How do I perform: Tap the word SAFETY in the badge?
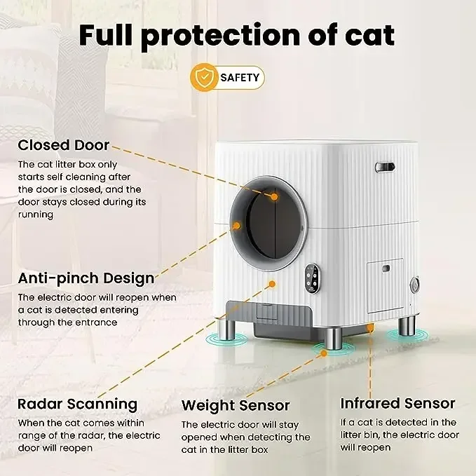tap(239, 78)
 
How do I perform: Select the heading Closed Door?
tap(64, 145)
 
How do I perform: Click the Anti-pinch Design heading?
tap(86, 278)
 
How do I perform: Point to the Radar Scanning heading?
tap(77, 404)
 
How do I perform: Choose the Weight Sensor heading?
tap(236, 405)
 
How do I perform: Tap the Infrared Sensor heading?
tap(397, 403)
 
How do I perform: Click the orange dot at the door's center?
tap(275, 197)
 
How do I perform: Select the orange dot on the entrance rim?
tap(236, 226)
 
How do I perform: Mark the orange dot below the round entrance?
tap(273, 285)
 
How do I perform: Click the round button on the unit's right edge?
tap(414, 285)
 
